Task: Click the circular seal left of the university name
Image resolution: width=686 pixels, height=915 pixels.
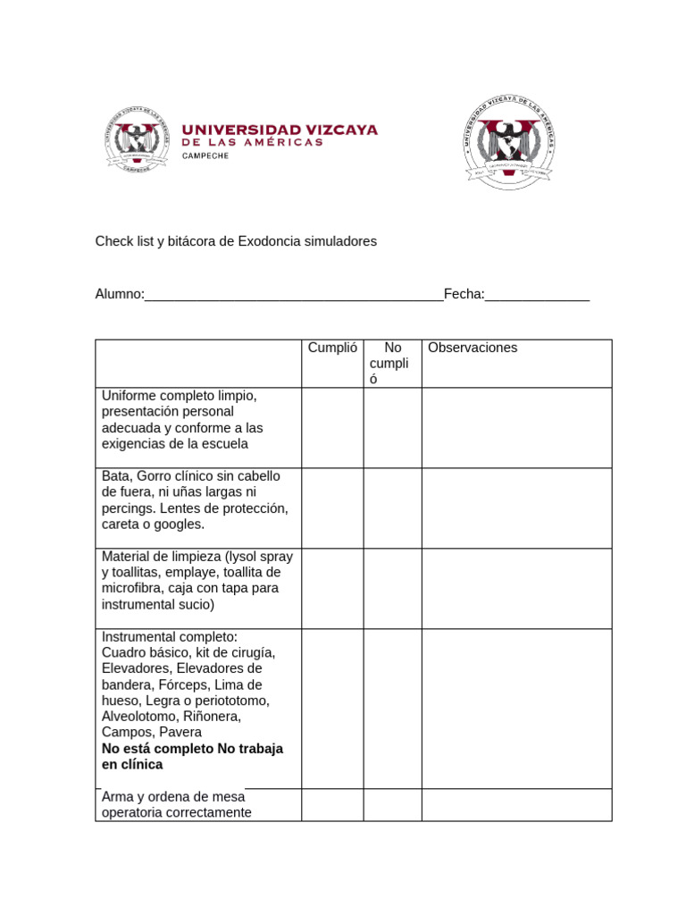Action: pyautogui.click(x=137, y=141)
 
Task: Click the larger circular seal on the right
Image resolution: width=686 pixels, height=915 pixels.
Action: pyautogui.click(x=510, y=140)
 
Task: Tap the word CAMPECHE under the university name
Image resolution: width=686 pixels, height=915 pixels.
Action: pyautogui.click(x=205, y=155)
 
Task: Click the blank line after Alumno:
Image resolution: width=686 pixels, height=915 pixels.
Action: pyautogui.click(x=294, y=295)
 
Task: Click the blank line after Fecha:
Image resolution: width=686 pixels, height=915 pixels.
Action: pyautogui.click(x=537, y=295)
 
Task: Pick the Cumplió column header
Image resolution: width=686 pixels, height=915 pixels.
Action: pyautogui.click(x=332, y=348)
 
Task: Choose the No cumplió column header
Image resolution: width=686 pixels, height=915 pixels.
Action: pyautogui.click(x=392, y=363)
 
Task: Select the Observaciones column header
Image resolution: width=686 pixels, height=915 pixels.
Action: pyautogui.click(x=473, y=348)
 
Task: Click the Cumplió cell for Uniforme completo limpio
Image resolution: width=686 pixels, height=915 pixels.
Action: pyautogui.click(x=332, y=427)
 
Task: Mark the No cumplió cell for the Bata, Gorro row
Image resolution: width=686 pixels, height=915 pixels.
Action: pyautogui.click(x=392, y=508)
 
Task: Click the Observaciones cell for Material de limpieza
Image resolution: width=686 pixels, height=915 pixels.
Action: pyautogui.click(x=516, y=588)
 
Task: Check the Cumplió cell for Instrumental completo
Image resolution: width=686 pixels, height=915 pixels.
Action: pyautogui.click(x=332, y=708)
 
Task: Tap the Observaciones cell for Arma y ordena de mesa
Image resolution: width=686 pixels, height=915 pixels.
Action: pyautogui.click(x=516, y=804)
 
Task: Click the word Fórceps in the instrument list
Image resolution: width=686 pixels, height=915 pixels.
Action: pyautogui.click(x=184, y=684)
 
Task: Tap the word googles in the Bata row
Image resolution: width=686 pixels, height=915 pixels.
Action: pyautogui.click(x=180, y=524)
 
